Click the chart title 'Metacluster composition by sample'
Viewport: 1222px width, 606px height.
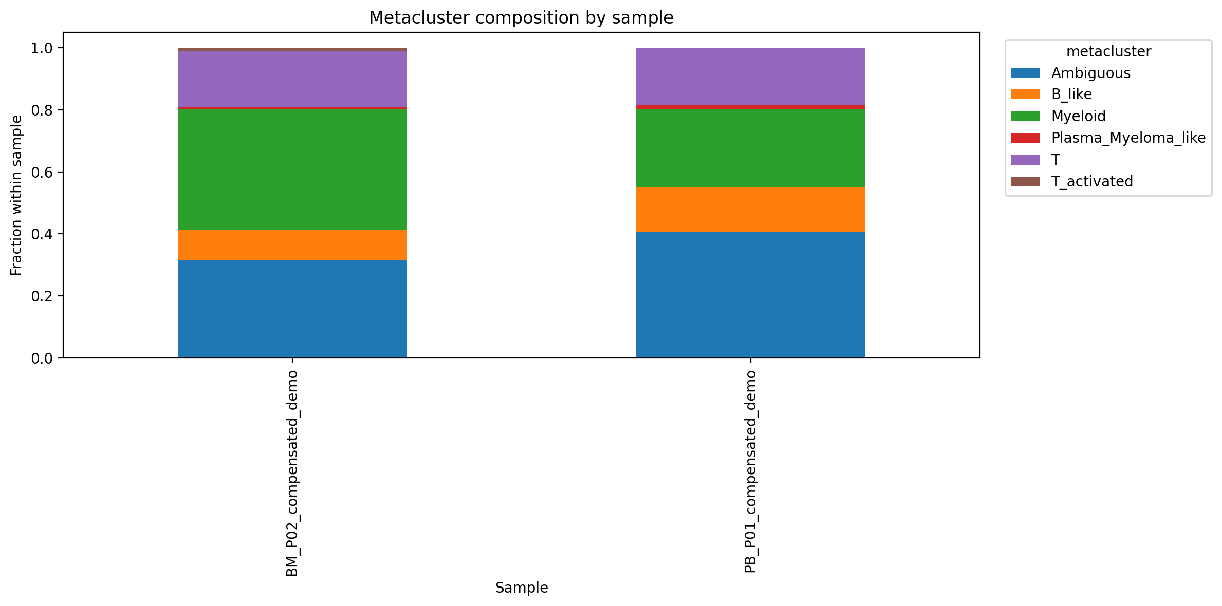click(521, 18)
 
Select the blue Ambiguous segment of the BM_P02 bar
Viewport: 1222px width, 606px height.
click(292, 309)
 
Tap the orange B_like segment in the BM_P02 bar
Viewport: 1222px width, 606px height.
click(292, 245)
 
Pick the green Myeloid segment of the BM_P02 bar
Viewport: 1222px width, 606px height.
click(292, 169)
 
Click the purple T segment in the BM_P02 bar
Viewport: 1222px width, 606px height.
click(292, 79)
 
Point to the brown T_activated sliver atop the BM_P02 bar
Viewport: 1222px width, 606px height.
click(292, 49)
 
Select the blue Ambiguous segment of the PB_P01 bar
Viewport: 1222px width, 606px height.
click(750, 295)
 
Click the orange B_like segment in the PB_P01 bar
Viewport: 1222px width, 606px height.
click(750, 209)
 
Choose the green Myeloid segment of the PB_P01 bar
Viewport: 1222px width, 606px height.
click(750, 148)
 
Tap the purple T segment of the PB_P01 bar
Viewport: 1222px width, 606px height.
click(750, 77)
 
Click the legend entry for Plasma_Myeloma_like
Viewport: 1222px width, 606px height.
click(1128, 138)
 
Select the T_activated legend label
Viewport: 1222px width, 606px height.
click(1092, 181)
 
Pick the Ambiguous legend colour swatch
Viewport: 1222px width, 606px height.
click(1025, 73)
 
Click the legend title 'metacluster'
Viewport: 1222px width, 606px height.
click(1108, 52)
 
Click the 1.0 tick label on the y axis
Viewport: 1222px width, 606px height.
click(42, 48)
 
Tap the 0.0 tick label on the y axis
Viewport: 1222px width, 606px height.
click(42, 358)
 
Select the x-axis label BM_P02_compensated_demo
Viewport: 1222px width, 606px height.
click(292, 472)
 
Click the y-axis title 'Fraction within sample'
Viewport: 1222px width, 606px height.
click(16, 195)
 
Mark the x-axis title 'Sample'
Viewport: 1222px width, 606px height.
click(521, 588)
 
